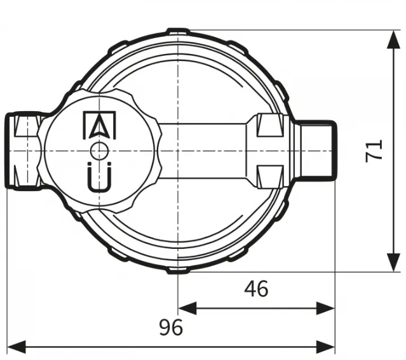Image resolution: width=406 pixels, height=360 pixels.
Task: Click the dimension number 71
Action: [x=374, y=151]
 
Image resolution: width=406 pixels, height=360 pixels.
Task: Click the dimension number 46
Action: [x=256, y=289]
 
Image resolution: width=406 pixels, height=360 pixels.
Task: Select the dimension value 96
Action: [x=171, y=328]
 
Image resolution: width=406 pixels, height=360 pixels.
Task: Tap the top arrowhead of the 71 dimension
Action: [x=394, y=39]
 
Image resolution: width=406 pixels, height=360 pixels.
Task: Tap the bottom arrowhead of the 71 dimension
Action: [x=394, y=262]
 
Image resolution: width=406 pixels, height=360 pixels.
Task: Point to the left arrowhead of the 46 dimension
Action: [x=187, y=308]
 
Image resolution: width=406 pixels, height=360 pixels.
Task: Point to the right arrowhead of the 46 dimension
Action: [x=325, y=308]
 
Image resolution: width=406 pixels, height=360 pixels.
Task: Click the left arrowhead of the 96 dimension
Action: [x=17, y=347]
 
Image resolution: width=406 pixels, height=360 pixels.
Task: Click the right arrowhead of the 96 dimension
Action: [x=325, y=347]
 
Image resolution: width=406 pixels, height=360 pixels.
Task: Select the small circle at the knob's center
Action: [x=99, y=151]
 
